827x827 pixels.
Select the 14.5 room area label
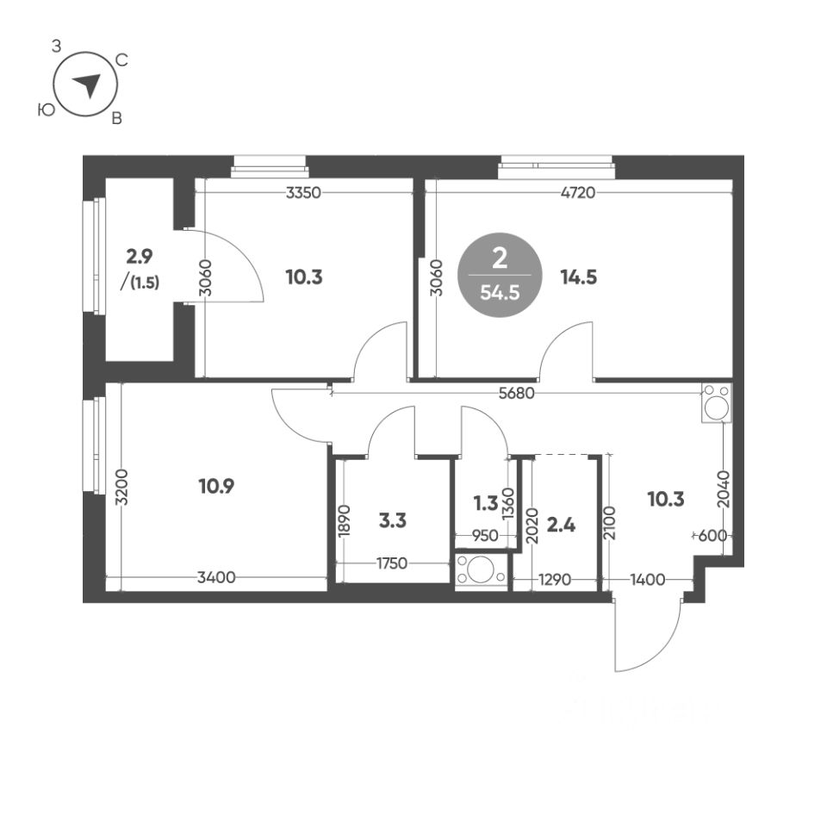click(578, 277)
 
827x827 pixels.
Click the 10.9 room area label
click(216, 486)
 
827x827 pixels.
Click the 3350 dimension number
click(303, 192)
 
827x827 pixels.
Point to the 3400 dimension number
click(216, 579)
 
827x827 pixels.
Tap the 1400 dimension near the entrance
click(647, 580)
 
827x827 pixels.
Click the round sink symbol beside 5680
click(717, 403)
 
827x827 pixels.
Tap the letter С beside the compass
click(122, 60)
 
